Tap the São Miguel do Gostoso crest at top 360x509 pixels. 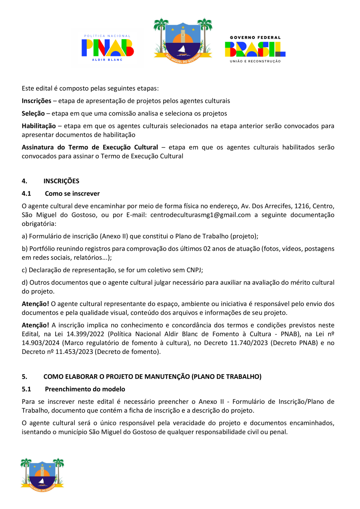(183, 38)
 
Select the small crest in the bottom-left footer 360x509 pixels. (42, 474)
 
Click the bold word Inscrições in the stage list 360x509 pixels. (36, 101)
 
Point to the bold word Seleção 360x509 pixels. (33, 114)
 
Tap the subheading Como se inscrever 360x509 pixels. (72, 194)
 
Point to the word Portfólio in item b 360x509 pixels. (42, 249)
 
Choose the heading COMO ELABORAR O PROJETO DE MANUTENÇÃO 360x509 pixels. (152, 377)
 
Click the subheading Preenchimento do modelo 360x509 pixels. (85, 389)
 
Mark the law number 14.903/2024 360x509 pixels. (40, 343)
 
